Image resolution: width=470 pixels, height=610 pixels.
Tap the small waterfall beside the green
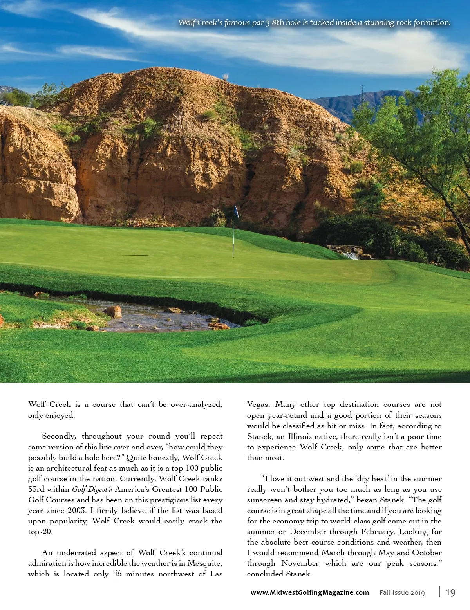[x=351, y=255]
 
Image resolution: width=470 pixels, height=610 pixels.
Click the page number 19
[x=450, y=592]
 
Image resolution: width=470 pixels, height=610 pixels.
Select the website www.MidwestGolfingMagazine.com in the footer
[x=309, y=592]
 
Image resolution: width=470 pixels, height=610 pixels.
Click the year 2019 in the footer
[x=418, y=593]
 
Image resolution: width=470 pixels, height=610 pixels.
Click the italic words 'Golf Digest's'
[x=92, y=489]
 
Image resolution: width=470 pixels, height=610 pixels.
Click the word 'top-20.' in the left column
[x=40, y=532]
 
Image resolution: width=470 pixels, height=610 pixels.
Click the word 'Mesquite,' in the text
[x=205, y=563]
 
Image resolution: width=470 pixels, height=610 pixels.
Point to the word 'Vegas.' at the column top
[x=258, y=404]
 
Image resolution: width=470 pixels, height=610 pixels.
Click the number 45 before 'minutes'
[x=117, y=574]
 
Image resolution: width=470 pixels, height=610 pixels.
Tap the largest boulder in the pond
[x=113, y=311]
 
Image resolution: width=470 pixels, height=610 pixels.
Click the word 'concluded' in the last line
[x=265, y=574]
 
